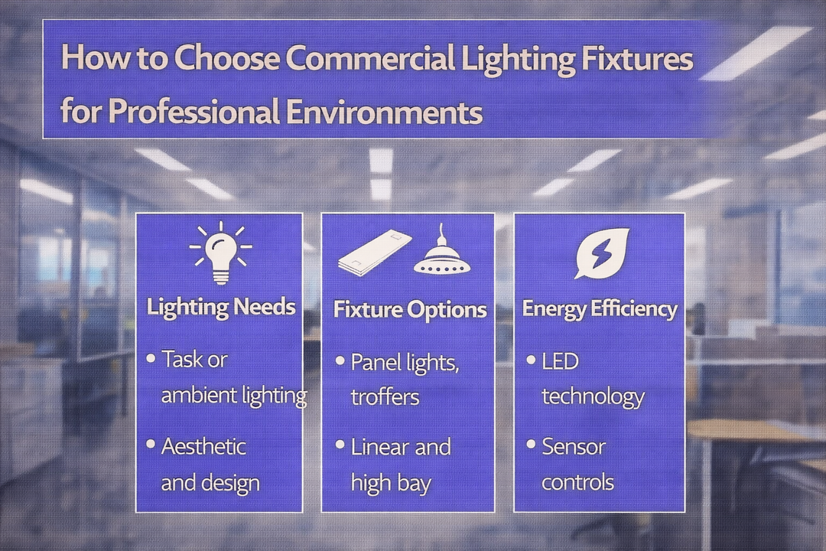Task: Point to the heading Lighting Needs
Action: pyautogui.click(x=220, y=307)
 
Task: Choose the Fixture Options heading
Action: pyautogui.click(x=410, y=309)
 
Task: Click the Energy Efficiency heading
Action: pyautogui.click(x=600, y=308)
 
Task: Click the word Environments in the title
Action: pyautogui.click(x=385, y=112)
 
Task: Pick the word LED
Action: pyautogui.click(x=560, y=360)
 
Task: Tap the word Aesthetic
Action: pyautogui.click(x=203, y=445)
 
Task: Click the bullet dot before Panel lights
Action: pyautogui.click(x=340, y=360)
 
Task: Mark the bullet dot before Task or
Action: pyautogui.click(x=151, y=357)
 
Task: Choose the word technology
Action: pyautogui.click(x=593, y=396)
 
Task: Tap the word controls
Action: pyautogui.click(x=577, y=482)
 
